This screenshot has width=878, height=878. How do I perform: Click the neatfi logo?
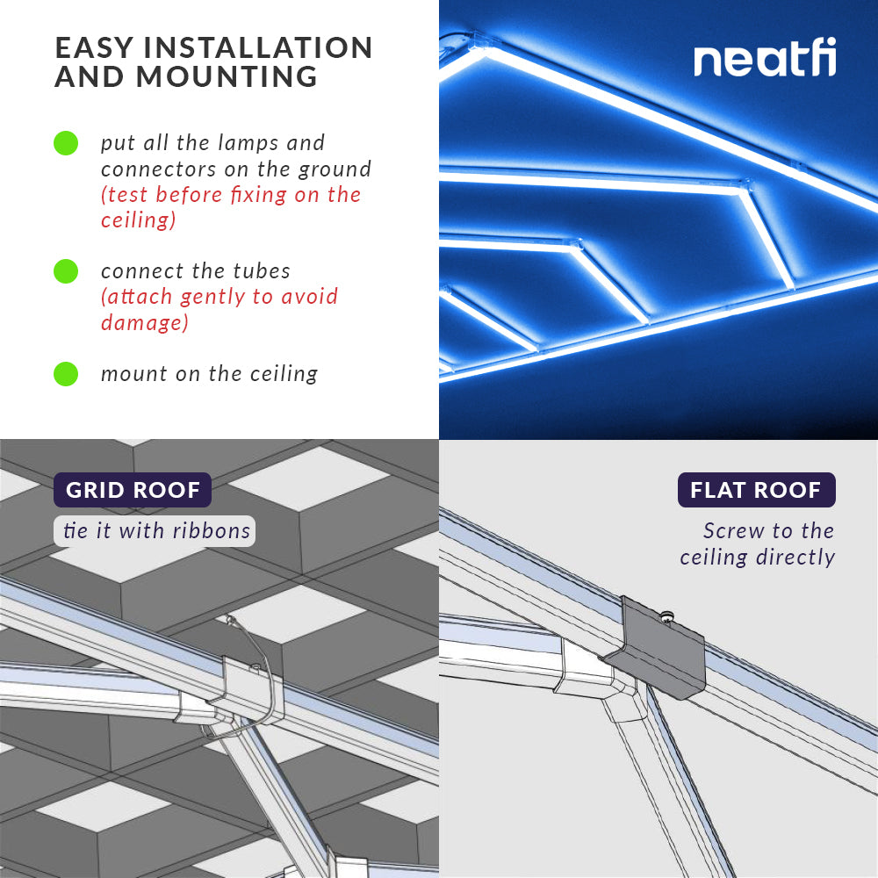pos(765,59)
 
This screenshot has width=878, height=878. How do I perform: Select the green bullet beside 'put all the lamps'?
pos(66,143)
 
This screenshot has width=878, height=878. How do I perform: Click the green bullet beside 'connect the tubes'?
pos(66,271)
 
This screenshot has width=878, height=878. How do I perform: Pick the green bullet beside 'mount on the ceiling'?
pos(66,374)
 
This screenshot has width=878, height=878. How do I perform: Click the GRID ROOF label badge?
pos(133,490)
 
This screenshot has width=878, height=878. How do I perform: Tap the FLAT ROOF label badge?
pos(756,490)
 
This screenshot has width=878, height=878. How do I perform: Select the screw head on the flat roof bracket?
pos(667,615)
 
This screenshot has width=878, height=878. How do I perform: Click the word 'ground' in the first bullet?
pos(336,169)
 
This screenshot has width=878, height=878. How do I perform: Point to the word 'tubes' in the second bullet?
pos(262,271)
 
